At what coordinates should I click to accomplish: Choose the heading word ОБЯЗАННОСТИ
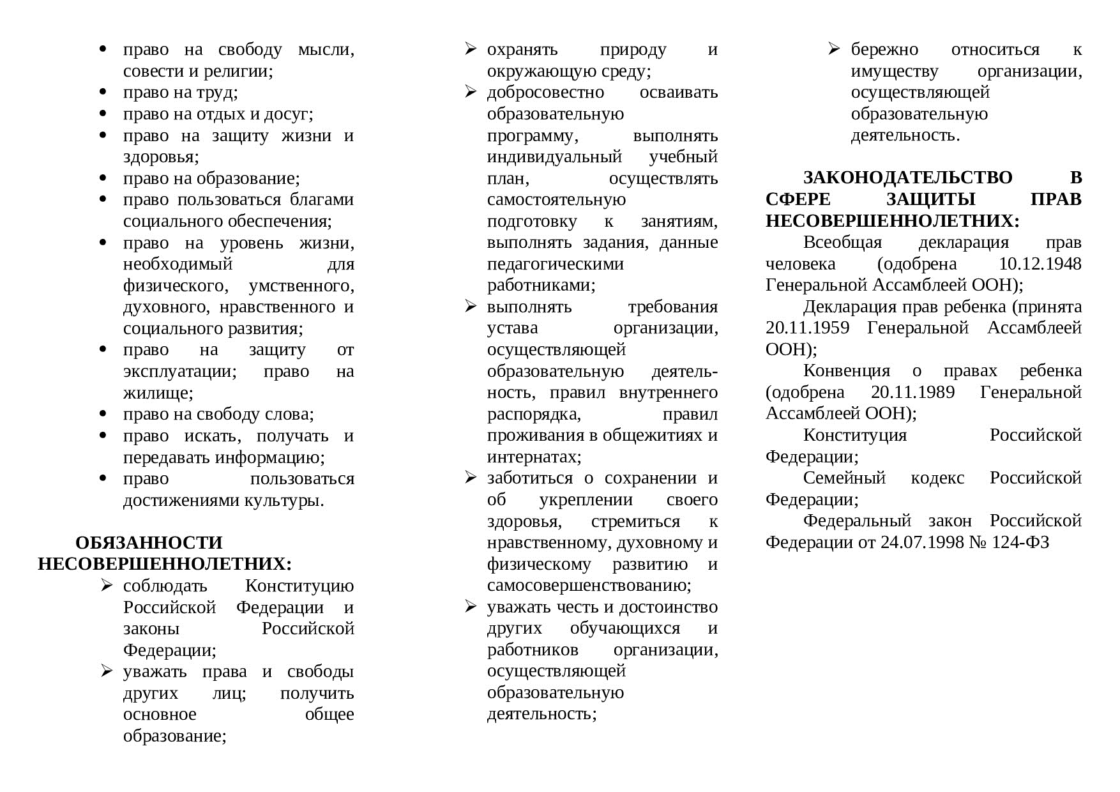click(x=149, y=543)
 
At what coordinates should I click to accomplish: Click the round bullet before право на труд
click(x=103, y=93)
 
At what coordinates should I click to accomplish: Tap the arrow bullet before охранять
click(x=471, y=49)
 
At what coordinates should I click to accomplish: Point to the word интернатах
click(x=534, y=457)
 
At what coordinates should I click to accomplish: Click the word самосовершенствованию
click(x=589, y=586)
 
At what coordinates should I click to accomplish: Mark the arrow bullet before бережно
click(x=834, y=49)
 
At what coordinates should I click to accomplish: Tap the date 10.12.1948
click(x=1040, y=264)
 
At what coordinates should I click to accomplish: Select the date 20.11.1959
click(x=807, y=328)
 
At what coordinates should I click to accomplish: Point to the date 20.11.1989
click(x=912, y=392)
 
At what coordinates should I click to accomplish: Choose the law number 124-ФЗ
click(x=1020, y=543)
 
